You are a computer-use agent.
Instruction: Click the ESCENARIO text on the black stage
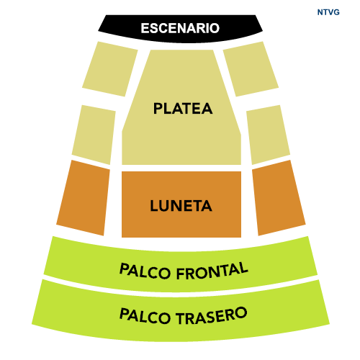coord(180,28)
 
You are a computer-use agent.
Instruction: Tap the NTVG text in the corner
coord(328,12)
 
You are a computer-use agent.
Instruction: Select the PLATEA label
coord(183,109)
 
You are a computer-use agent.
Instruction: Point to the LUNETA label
coord(181,206)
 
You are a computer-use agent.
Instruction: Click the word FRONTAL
coord(212,271)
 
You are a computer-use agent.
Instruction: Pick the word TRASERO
coord(212,315)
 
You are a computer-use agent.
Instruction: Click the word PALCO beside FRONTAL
coord(145,271)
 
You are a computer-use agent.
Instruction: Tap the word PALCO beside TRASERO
coord(145,316)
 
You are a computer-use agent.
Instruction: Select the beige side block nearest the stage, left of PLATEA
coord(110,69)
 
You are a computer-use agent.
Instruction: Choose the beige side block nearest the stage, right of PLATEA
coord(251,69)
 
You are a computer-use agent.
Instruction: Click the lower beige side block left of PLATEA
coord(94,135)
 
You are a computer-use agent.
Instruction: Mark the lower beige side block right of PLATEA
coord(268,135)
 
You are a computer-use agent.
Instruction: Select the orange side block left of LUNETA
coord(84,198)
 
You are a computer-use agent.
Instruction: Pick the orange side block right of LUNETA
coord(279,198)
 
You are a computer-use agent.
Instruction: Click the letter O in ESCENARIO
coord(214,28)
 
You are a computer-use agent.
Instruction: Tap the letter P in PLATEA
coord(158,109)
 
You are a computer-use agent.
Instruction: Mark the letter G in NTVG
coord(336,12)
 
